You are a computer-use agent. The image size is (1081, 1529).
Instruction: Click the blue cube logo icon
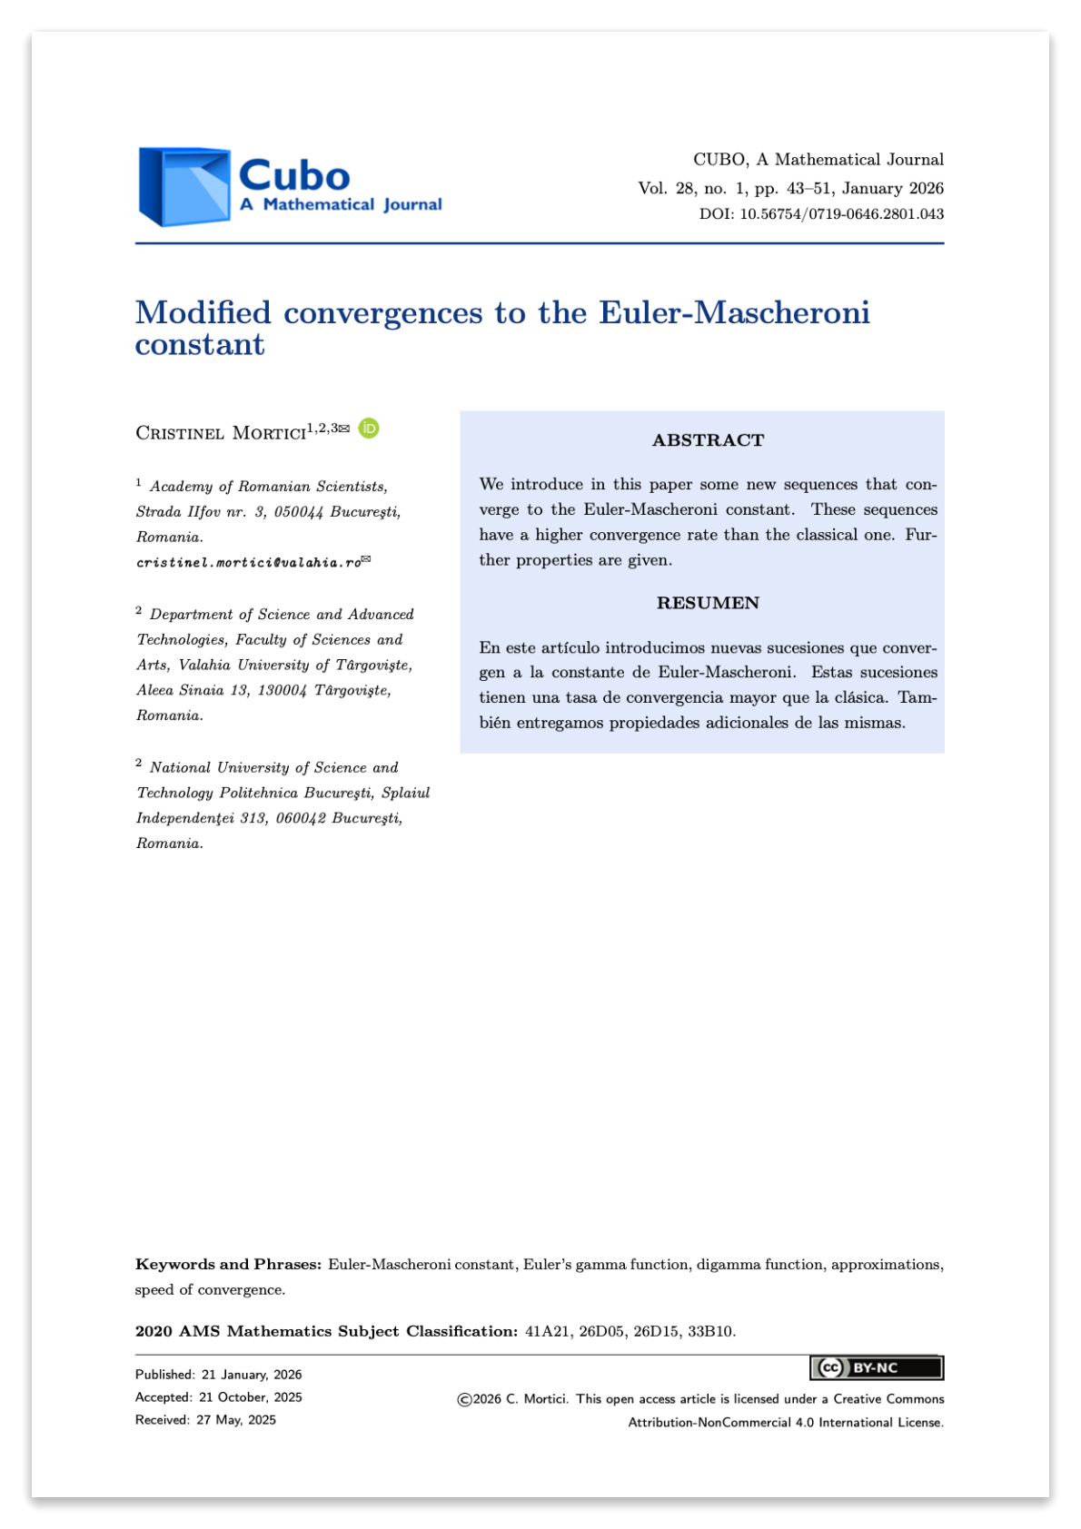184,186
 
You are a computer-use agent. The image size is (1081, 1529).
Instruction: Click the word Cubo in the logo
294,175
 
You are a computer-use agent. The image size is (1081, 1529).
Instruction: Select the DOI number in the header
841,214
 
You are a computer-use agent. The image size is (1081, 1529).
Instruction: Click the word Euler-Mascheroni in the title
733,312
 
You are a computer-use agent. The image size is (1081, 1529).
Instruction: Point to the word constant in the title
200,345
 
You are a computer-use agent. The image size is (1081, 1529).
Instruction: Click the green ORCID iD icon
368,428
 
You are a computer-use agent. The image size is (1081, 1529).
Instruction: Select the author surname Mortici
269,433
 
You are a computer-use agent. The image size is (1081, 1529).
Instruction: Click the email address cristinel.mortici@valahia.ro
249,563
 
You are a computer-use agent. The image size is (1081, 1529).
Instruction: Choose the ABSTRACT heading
708,440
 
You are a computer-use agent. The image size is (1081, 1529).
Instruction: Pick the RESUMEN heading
708,603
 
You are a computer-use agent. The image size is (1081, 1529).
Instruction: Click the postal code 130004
282,690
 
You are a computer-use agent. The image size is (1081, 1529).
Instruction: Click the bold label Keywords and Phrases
228,1264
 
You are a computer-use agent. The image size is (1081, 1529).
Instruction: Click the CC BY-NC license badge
876,1367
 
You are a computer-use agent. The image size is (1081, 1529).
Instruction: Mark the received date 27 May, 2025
236,1420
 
